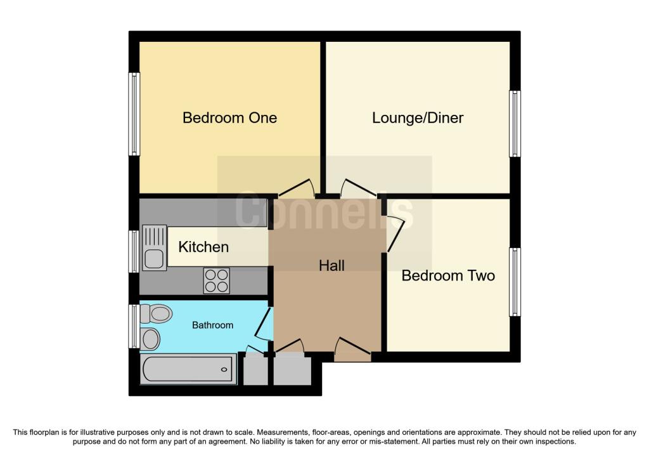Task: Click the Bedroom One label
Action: [229, 118]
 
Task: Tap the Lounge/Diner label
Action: [418, 118]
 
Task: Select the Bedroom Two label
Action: [448, 276]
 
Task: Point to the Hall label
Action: [331, 265]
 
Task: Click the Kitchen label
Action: [203, 247]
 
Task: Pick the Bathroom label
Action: [213, 325]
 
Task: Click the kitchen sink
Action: [155, 247]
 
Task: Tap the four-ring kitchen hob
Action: [217, 280]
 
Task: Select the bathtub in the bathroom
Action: [188, 369]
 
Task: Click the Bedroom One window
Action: [134, 114]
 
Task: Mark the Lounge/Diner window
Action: [515, 124]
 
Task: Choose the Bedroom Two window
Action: [515, 282]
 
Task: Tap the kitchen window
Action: [134, 251]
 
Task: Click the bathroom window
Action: [133, 326]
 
